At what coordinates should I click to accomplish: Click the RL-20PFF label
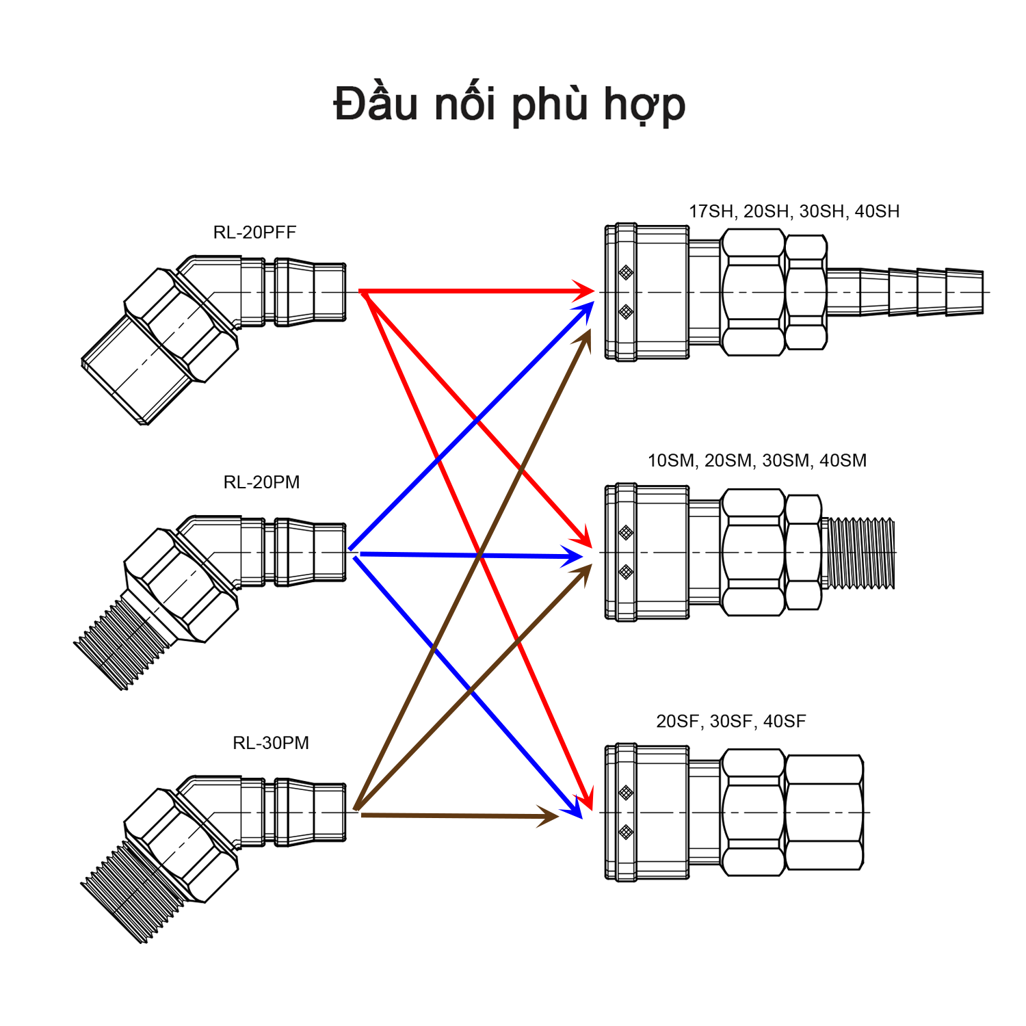point(254,233)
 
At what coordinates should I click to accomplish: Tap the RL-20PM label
point(261,482)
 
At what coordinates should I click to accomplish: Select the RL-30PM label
point(271,743)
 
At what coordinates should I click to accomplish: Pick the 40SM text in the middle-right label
point(843,460)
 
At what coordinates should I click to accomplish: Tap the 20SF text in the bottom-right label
point(677,721)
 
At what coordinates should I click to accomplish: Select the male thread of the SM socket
point(859,553)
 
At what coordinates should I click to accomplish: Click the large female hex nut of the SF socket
point(824,812)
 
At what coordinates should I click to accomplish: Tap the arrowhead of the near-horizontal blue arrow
point(573,557)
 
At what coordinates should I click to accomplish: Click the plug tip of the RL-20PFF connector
point(328,292)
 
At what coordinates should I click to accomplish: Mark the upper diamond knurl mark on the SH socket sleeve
point(625,272)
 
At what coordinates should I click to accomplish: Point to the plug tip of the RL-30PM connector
point(328,812)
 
